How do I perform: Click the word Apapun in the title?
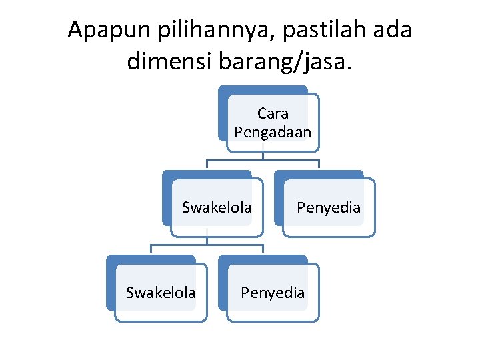(110, 31)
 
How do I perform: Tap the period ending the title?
(351, 68)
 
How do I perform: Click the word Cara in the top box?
(273, 113)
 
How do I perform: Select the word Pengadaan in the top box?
(273, 132)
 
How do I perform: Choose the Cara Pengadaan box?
(273, 123)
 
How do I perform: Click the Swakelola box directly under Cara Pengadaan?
(217, 207)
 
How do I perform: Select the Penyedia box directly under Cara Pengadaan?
(329, 207)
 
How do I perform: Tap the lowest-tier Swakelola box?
(161, 293)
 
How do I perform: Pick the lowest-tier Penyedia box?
(273, 293)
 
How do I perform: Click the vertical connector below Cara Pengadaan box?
(263, 155)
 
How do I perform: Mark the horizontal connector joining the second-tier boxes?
(263, 160)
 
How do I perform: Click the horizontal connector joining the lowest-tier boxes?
(207, 245)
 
